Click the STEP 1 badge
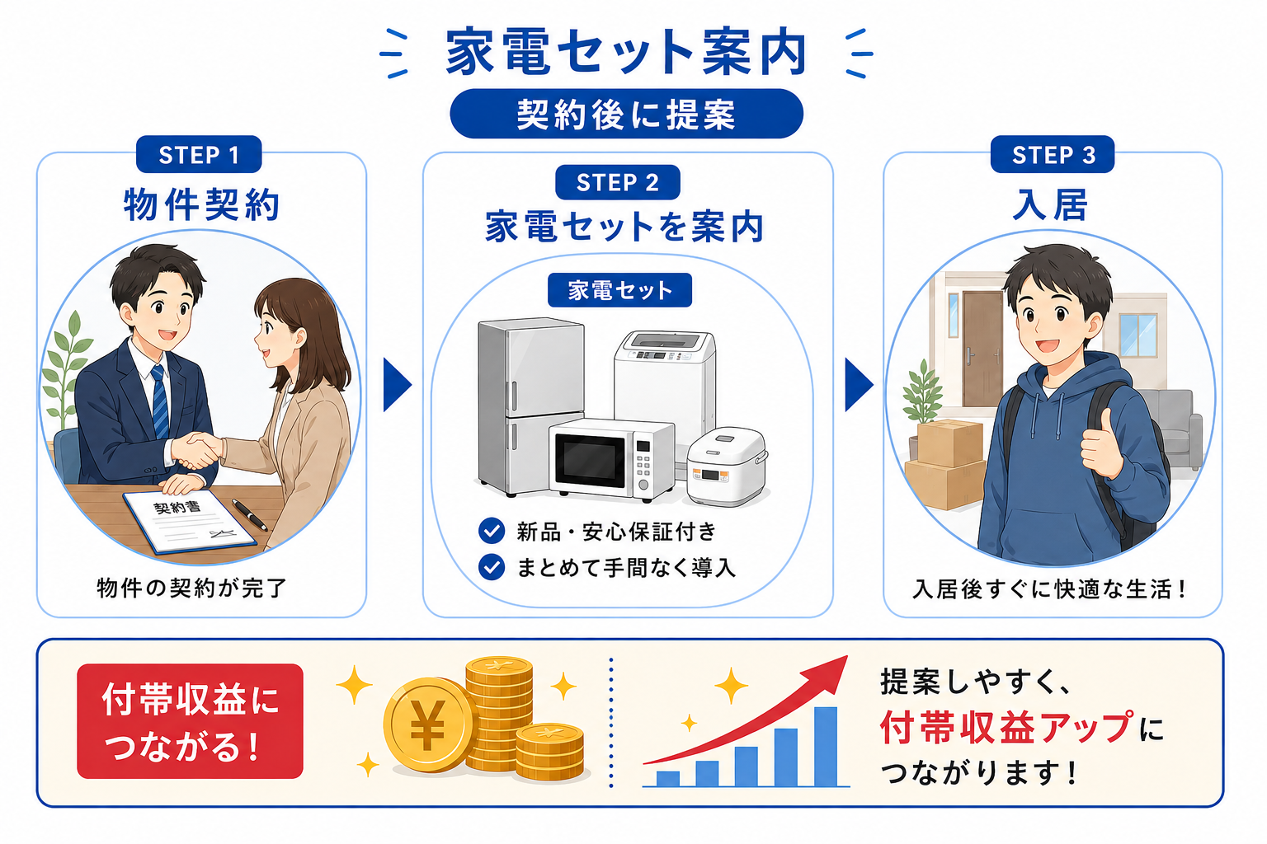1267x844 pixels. pos(199,154)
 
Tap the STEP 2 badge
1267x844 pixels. pos(618,182)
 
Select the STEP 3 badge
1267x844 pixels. pos(1053,154)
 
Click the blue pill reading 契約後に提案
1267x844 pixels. pos(627,114)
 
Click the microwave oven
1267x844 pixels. pos(611,459)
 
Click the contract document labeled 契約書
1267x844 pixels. pos(190,522)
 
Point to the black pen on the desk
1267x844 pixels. pos(249,514)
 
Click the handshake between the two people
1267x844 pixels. pos(196,450)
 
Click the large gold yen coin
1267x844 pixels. pos(428,724)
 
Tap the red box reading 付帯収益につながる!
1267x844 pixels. pos(190,721)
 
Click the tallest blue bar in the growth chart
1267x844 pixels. pos(826,746)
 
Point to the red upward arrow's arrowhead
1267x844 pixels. pos(831,673)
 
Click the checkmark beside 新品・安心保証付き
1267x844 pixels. pos(492,531)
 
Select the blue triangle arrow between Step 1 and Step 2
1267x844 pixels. pos(397,384)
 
